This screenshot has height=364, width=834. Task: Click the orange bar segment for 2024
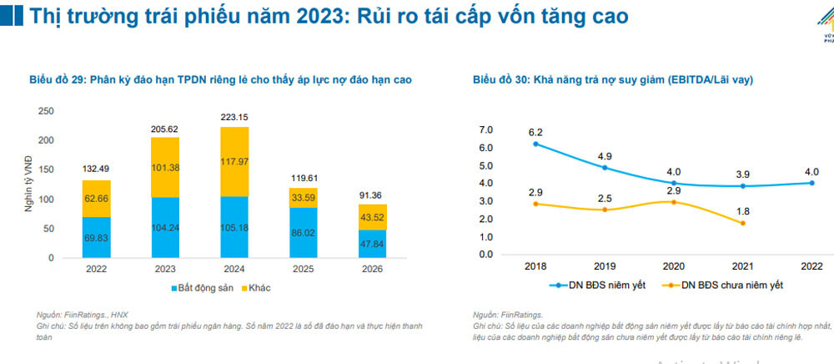coord(223,161)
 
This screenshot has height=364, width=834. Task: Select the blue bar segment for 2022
coord(97,237)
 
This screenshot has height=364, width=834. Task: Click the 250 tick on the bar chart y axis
coord(47,111)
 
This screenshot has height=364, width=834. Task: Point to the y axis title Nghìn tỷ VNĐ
coord(28,185)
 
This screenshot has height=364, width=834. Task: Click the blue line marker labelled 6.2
coord(535,144)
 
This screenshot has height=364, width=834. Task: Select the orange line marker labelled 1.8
coord(742,223)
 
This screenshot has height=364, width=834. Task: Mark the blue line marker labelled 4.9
coord(605,167)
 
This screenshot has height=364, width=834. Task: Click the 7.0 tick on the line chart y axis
coord(486,129)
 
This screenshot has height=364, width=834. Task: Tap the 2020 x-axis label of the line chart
coord(674,265)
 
